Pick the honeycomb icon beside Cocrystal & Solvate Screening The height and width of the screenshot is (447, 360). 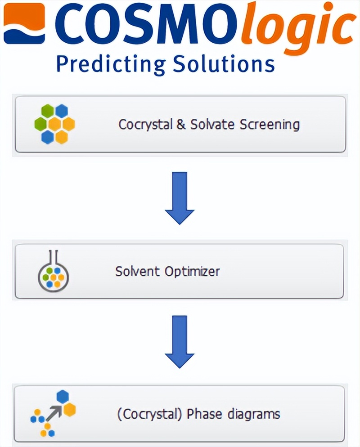pyautogui.click(x=54, y=124)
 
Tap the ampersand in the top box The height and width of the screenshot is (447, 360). pyautogui.click(x=181, y=124)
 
